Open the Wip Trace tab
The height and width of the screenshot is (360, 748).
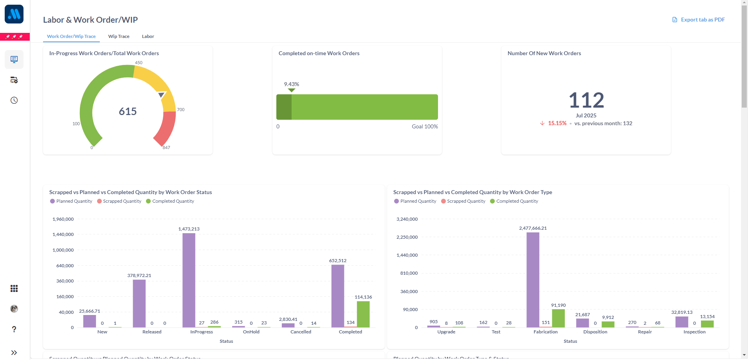coord(119,36)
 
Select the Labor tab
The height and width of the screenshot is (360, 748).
coord(148,36)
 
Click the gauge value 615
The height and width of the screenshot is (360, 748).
coord(128,112)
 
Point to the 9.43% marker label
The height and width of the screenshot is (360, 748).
coord(291,84)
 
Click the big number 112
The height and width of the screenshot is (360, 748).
coord(586,100)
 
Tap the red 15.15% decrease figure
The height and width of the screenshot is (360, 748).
coord(557,123)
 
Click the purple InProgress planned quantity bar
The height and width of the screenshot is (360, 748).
coord(189,280)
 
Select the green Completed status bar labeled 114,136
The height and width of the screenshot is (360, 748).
coord(363,314)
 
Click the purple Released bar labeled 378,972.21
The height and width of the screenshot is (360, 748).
coord(139,303)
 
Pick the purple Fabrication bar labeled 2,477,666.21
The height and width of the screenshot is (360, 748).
coord(533,280)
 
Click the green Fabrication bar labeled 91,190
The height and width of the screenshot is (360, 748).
coord(558,318)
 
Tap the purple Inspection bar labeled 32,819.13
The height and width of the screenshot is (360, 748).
coord(681,322)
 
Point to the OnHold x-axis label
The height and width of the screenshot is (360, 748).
coord(251,332)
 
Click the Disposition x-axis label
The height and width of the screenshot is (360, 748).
coord(595,332)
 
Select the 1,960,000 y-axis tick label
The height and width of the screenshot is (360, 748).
coord(63,219)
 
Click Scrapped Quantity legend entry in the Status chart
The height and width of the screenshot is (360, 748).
coord(122,201)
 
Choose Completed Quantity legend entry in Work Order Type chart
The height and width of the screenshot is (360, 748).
coord(517,201)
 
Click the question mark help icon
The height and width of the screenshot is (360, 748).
coord(14,329)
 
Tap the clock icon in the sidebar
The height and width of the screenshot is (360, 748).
coord(14,101)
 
